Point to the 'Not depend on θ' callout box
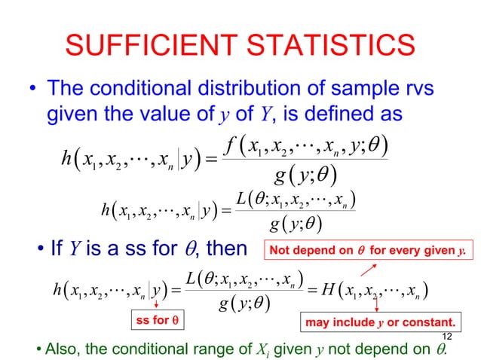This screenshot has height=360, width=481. pyautogui.click(x=370, y=249)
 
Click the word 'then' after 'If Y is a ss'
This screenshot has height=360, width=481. pyautogui.click(x=222, y=248)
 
